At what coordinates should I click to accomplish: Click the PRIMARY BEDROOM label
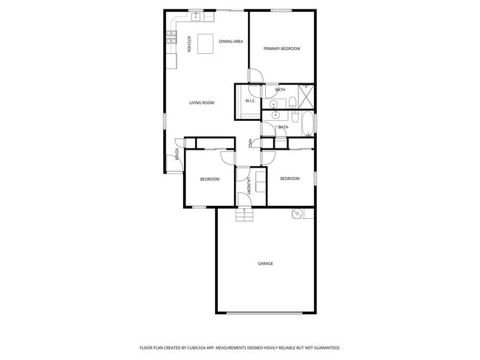coord(282,49)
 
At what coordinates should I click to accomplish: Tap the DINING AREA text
coord(230,42)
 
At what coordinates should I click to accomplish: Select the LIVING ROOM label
coord(202,103)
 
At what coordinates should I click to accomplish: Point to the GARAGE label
coord(265,263)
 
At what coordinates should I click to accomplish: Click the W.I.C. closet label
coord(250,101)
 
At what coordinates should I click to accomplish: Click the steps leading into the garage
coord(244,215)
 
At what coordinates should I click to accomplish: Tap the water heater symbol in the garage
coord(297,214)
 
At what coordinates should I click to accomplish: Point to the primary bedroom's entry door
coord(255,75)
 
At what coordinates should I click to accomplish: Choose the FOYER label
coord(177,155)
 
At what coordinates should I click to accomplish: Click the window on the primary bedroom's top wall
coord(281,10)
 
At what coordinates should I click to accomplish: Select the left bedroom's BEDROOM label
coord(210,179)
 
